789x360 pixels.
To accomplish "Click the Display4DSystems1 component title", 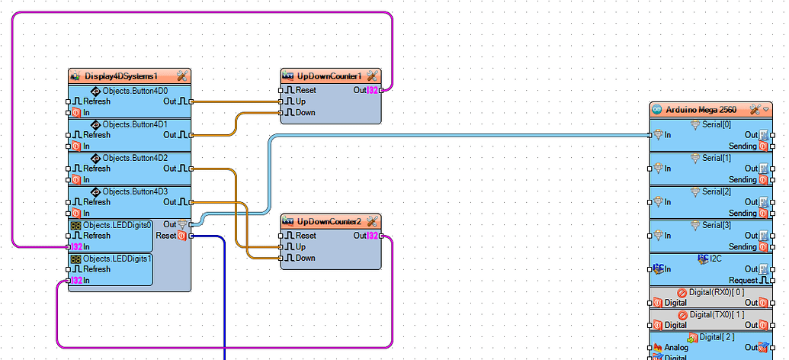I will point(120,76).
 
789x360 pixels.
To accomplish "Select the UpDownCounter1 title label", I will point(329,76).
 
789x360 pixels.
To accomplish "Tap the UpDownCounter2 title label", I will point(329,221).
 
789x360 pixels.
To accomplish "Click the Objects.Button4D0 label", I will point(135,91).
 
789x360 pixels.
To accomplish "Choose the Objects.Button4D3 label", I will point(135,191).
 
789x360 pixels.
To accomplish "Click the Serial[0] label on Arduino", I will point(716,124).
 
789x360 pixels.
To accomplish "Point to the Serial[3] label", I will point(716,225).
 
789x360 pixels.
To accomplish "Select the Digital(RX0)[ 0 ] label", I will point(716,292).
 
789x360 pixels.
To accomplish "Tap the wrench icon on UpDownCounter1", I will point(372,76).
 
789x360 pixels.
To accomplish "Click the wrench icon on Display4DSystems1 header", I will point(182,76).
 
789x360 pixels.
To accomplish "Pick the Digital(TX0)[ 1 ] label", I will point(716,314).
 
